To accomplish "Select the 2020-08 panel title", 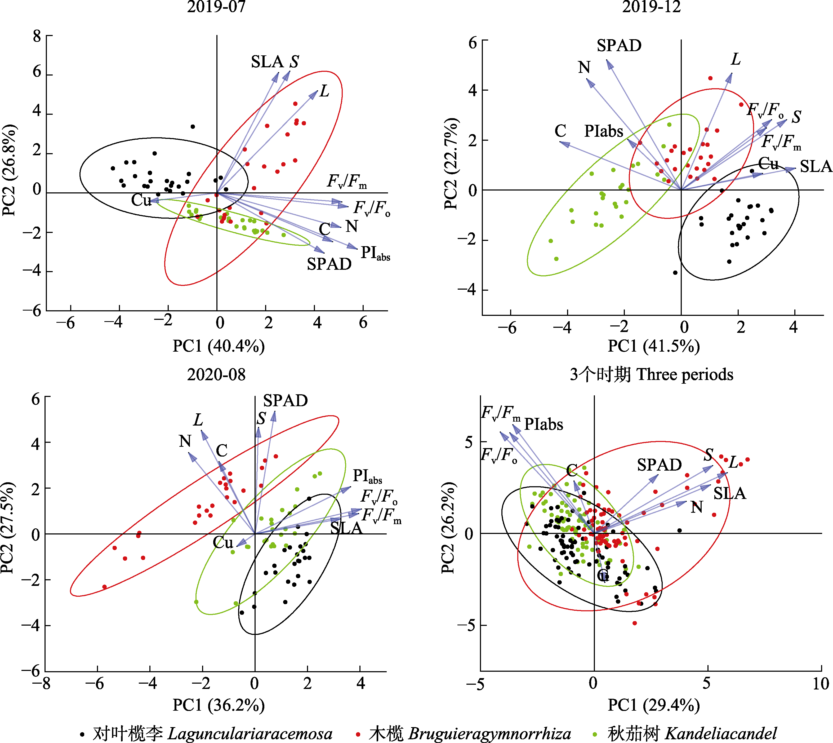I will (x=216, y=374).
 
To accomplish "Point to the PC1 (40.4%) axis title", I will (x=219, y=346).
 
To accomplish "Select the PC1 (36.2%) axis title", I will (x=219, y=705).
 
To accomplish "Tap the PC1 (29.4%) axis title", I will (x=654, y=705).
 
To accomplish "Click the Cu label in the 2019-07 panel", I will (x=141, y=200).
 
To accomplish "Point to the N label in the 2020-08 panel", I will (x=185, y=441).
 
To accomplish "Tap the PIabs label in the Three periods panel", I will (x=543, y=424).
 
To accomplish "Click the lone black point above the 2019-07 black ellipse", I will (x=193, y=127).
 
